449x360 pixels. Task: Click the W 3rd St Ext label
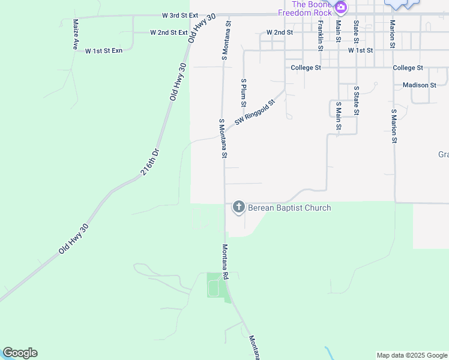pos(180,15)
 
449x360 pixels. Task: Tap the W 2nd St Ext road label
pos(169,32)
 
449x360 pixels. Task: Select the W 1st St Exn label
pos(104,51)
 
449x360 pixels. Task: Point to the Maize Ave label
pos(76,34)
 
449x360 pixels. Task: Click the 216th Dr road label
pos(150,162)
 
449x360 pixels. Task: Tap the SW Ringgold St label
pos(255,112)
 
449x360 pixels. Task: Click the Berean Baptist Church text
pos(289,208)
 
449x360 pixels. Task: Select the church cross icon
pos(238,208)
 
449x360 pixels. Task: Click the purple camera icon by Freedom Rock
pos(341,8)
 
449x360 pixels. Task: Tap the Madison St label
pos(420,85)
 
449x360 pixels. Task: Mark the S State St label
pos(356,100)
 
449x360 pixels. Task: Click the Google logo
pos(20,353)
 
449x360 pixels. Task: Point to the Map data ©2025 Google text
pos(412,355)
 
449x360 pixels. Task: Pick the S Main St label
pos(338,116)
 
